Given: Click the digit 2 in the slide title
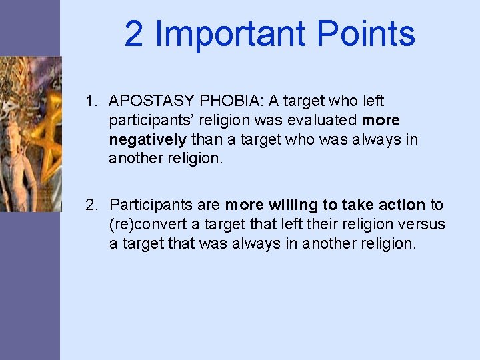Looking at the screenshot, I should (133, 34).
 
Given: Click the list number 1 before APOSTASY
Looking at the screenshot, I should (91, 101).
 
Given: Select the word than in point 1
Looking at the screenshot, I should (207, 140).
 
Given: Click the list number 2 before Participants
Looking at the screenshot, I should (91, 204).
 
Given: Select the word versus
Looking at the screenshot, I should (425, 224).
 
